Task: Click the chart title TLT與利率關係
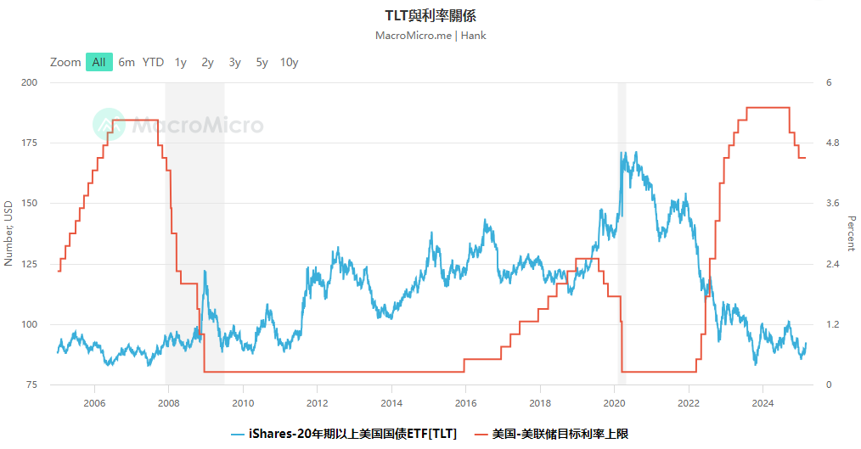tap(430, 16)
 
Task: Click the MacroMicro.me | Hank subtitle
tap(430, 36)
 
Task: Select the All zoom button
tap(99, 62)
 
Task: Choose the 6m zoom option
tap(127, 62)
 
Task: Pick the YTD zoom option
tap(153, 62)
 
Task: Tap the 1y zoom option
tap(180, 62)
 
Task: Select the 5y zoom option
tap(262, 62)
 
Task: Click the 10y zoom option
tap(289, 62)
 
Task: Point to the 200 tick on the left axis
tap(30, 82)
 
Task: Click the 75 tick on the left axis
tap(32, 384)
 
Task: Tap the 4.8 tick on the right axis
tap(834, 143)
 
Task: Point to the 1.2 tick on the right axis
tap(834, 324)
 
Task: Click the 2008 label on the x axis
tap(168, 402)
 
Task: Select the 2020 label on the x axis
tap(614, 402)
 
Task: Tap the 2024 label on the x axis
tap(763, 402)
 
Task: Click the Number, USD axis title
tap(8, 233)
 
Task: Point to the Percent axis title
tap(852, 233)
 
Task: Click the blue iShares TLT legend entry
tap(344, 434)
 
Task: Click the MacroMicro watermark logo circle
tap(109, 125)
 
